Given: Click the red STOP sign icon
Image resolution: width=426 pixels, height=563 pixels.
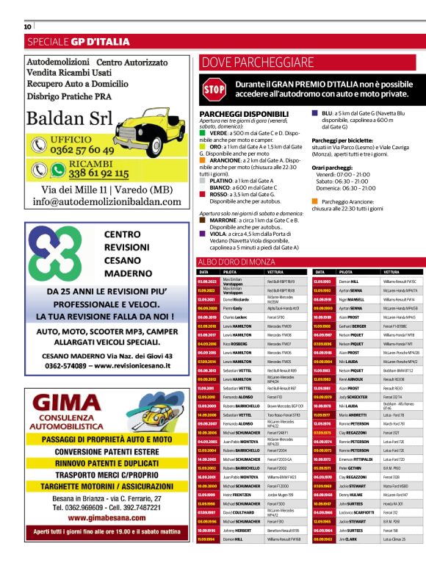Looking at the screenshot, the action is (214, 90).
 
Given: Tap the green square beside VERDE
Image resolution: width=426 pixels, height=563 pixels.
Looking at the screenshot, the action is (203, 132).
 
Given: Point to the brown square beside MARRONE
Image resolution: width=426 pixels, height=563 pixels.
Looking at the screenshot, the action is (203, 220).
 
